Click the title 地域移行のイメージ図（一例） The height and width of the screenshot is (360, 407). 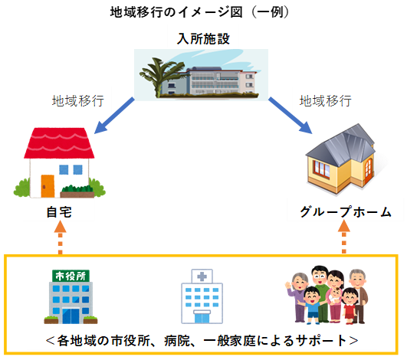199,12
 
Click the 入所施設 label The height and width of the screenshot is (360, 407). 203,38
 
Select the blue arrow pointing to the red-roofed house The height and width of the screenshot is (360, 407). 114,116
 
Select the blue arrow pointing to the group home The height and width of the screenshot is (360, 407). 290,116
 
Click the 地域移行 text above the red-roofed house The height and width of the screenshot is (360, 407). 78,100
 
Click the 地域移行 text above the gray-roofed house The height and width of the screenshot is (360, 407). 326,100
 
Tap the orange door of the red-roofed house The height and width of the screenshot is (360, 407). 48,186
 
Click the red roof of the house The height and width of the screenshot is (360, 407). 59,142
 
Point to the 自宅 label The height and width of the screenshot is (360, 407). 59,212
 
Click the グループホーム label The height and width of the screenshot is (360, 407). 346,212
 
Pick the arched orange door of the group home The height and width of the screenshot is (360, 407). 368,169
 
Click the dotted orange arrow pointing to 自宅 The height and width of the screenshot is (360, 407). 61,237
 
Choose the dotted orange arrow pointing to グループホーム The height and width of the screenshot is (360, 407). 344,237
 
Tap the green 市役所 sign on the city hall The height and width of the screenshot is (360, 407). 71,276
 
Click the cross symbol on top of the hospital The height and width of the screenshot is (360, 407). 202,277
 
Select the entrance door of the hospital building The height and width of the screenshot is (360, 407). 202,317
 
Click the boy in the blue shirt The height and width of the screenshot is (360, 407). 311,305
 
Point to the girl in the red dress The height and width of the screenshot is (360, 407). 350,306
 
